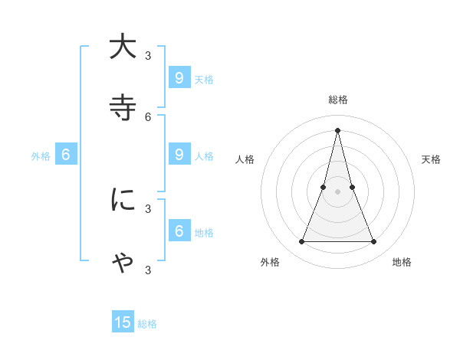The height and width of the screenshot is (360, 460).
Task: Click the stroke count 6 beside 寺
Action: click(x=148, y=116)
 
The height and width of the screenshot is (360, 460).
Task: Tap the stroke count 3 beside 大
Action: click(x=148, y=55)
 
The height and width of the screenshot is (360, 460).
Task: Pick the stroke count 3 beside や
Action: click(x=148, y=270)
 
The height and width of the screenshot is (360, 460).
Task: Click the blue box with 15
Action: click(x=123, y=322)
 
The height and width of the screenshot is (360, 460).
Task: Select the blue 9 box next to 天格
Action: click(x=179, y=77)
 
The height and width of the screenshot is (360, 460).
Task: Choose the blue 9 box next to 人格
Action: click(x=179, y=154)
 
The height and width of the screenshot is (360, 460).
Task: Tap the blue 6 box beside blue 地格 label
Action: click(x=179, y=231)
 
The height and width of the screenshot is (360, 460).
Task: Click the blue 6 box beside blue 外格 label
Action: click(x=66, y=154)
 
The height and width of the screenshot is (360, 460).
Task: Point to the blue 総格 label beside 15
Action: click(x=147, y=324)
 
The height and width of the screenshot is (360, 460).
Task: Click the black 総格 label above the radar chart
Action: click(x=337, y=100)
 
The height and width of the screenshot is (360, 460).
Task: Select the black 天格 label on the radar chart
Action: click(x=431, y=159)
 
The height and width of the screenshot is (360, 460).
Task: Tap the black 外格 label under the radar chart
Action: click(x=270, y=262)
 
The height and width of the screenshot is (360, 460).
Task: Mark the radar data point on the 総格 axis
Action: click(x=337, y=129)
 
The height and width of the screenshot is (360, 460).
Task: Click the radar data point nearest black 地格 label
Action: click(x=374, y=242)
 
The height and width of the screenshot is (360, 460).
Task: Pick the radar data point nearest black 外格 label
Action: click(x=301, y=242)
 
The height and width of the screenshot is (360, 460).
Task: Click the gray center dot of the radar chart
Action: click(x=337, y=191)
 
